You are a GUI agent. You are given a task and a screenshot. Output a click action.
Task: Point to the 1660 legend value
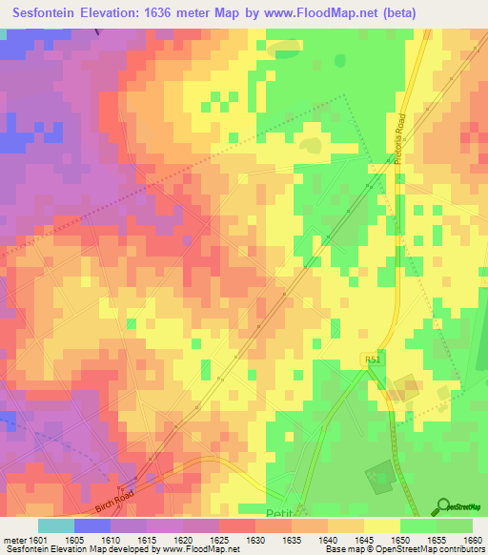click(473, 539)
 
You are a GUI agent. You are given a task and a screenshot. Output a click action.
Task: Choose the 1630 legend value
click(254, 539)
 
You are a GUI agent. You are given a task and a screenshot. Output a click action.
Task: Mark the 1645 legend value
click(363, 539)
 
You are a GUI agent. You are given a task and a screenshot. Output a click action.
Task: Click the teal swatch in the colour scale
click(55, 525)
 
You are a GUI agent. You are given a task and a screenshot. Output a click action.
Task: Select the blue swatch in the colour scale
click(91, 525)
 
